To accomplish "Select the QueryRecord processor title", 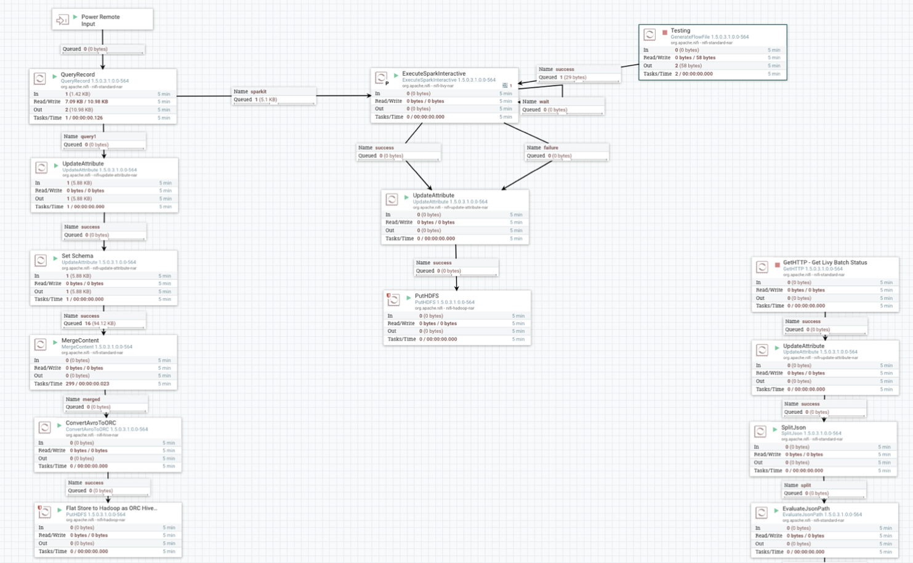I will (x=78, y=75).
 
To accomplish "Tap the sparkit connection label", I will (x=259, y=92).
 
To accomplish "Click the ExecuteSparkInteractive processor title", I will (x=433, y=74).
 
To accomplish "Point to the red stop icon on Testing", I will (x=665, y=32).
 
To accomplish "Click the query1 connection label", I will (x=88, y=137).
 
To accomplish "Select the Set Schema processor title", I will (x=78, y=256).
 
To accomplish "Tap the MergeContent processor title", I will (x=80, y=341).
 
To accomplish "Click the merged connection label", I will (x=91, y=399).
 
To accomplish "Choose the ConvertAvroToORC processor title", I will (x=90, y=423).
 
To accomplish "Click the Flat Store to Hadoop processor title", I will (x=111, y=508).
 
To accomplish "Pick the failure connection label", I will (x=551, y=148).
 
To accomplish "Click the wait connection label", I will (x=544, y=102).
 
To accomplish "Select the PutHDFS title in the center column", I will (x=427, y=296).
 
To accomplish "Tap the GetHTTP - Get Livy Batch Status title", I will (x=824, y=262).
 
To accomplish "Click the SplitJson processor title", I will (x=793, y=427).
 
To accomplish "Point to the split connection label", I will (x=806, y=485).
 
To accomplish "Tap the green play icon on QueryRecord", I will (x=55, y=76).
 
